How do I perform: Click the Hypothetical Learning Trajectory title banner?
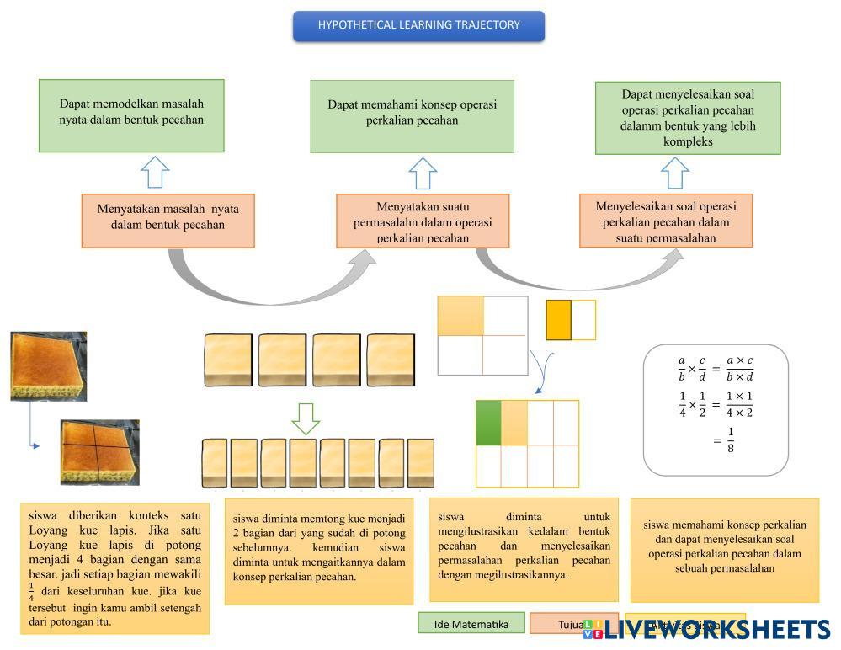[418, 25]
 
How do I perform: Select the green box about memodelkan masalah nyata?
[131, 115]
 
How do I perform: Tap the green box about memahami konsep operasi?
[412, 116]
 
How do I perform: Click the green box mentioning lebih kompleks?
[688, 118]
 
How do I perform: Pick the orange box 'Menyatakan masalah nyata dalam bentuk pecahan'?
[168, 221]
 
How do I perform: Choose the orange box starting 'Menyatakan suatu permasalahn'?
[423, 221]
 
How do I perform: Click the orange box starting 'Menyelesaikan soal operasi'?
[665, 221]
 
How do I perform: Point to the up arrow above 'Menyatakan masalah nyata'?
[155, 172]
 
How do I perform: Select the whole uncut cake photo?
[48, 365]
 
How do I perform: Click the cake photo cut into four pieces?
[99, 452]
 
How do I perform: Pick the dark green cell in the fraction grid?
[488, 423]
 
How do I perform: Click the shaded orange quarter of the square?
[460, 316]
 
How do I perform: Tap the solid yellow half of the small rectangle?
[558, 320]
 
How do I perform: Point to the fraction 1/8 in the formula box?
[730, 440]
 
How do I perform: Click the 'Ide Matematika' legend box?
[471, 624]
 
